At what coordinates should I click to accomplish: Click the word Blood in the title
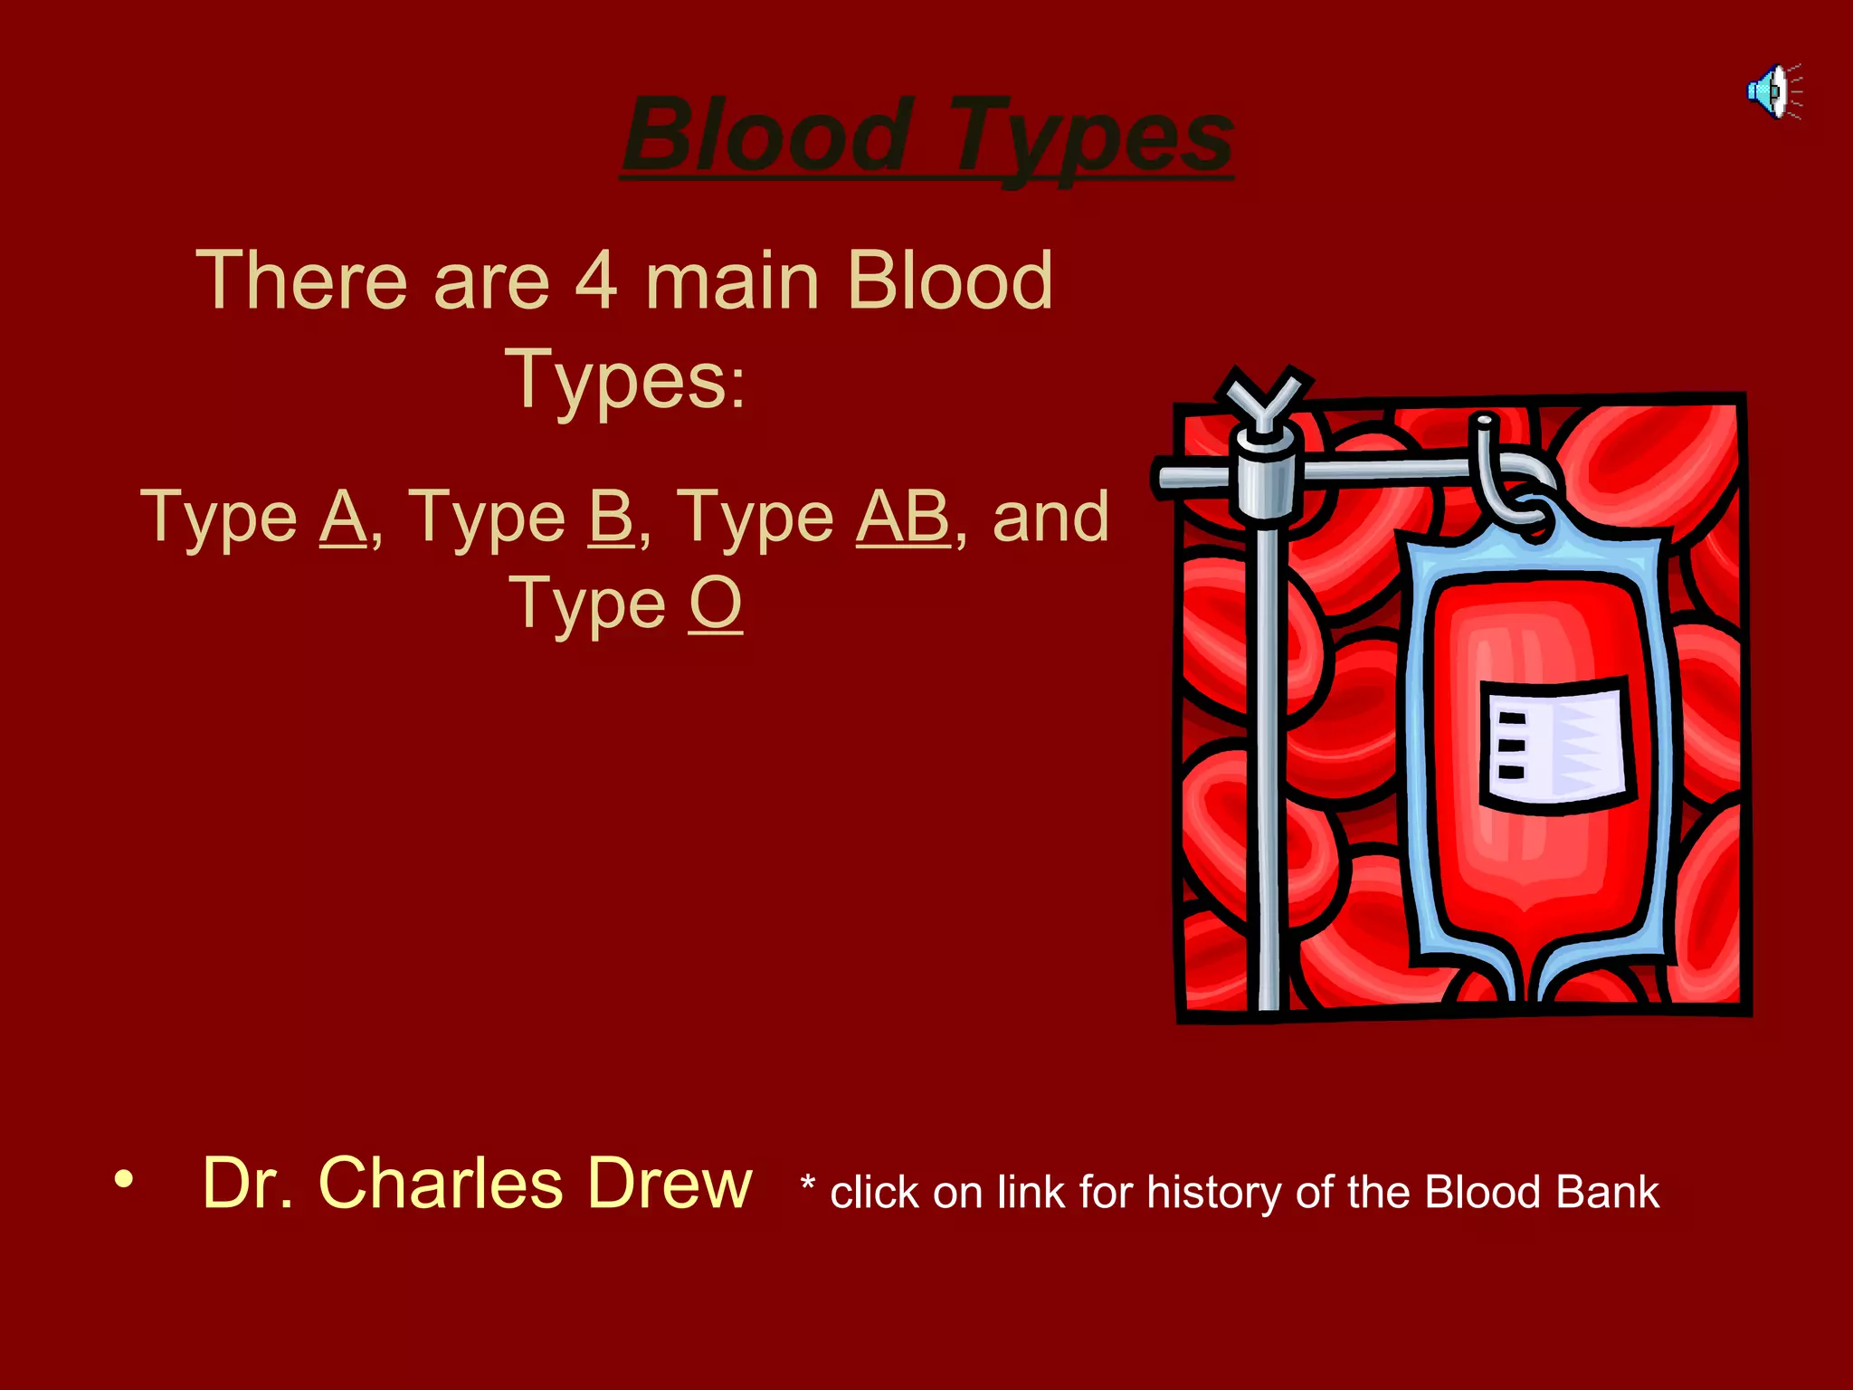(x=767, y=136)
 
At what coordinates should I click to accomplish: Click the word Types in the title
(x=1090, y=138)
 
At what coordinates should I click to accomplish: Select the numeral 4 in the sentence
(x=596, y=281)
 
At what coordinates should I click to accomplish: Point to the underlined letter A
(x=343, y=517)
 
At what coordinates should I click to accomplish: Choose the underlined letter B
(x=611, y=517)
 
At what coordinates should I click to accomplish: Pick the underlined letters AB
(x=903, y=517)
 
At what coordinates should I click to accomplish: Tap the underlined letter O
(x=715, y=604)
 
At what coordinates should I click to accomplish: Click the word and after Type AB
(x=1050, y=517)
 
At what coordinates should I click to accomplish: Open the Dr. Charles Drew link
(x=477, y=1183)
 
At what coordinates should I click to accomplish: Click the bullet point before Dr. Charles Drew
(x=124, y=1179)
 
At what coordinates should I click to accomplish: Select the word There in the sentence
(x=301, y=281)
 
